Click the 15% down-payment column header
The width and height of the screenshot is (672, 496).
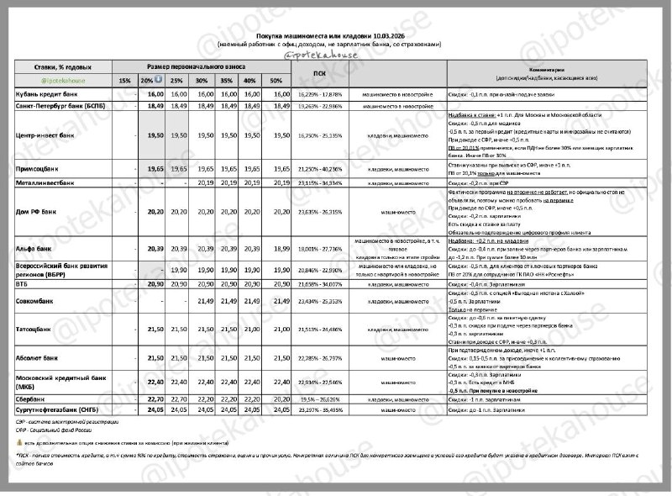click(124, 80)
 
